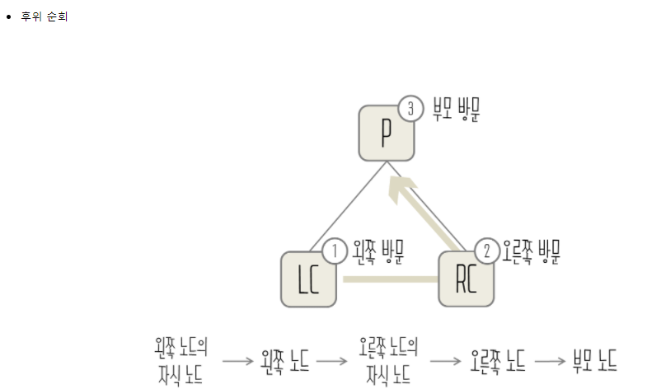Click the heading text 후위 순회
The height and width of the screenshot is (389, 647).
point(45,16)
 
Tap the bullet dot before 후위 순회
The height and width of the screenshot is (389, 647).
point(9,16)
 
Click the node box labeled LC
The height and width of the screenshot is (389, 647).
point(309,279)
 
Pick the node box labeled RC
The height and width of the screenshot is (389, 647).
point(466,279)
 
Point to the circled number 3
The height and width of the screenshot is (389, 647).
point(410,108)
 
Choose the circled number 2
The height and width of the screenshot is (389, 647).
point(487,251)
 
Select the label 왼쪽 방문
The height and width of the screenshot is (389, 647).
point(377,250)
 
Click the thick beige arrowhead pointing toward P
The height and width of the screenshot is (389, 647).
point(401,189)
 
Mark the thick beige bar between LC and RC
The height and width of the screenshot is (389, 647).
point(390,279)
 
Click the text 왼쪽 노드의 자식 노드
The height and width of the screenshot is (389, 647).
point(181,360)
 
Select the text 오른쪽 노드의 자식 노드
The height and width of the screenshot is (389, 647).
point(388,360)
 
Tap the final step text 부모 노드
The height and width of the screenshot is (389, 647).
point(595,360)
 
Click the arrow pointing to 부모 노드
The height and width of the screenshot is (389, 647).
point(550,360)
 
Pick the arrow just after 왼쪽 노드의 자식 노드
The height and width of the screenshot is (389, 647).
point(237,360)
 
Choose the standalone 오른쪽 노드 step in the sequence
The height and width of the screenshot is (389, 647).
point(499,360)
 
